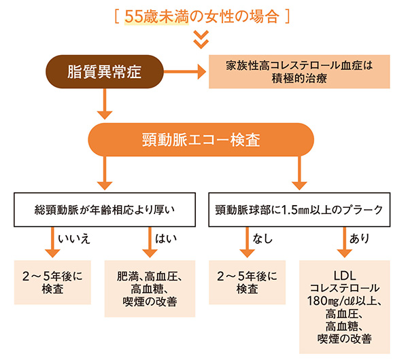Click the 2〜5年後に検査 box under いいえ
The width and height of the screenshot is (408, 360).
click(53, 283)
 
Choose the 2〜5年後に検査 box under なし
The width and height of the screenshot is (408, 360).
click(247, 283)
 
